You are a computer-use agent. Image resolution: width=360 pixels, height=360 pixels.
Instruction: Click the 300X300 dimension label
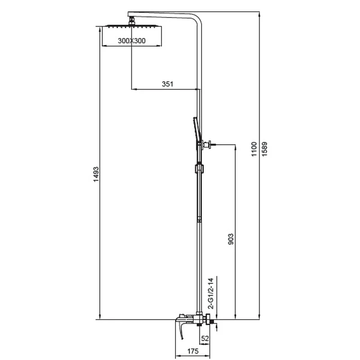tap(131, 40)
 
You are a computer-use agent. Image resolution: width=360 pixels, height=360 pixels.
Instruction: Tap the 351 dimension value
tap(167, 84)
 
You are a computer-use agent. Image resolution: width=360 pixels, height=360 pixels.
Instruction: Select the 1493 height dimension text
tap(96, 175)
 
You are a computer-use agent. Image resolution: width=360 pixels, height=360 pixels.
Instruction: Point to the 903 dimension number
tap(231, 239)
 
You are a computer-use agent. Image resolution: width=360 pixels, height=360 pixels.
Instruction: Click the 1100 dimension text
tap(254, 149)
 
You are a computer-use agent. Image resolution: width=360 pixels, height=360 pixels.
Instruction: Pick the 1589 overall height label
tap(265, 149)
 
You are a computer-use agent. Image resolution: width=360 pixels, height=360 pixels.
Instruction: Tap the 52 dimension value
tap(205, 338)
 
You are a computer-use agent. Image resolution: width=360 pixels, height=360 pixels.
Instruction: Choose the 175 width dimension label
tap(193, 351)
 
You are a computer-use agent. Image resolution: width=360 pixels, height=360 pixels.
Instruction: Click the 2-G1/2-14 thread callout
tap(211, 293)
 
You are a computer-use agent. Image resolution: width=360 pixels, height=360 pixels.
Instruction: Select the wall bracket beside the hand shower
tap(209, 144)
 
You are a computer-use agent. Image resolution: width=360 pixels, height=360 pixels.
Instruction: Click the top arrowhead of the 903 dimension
tap(235, 147)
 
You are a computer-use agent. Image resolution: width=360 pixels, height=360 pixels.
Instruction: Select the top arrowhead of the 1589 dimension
tap(260, 14)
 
